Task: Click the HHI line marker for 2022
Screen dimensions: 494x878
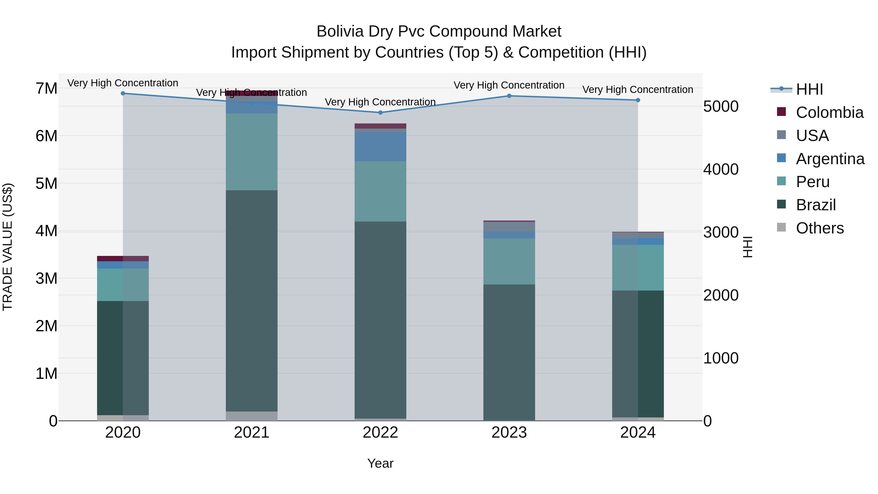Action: point(380,112)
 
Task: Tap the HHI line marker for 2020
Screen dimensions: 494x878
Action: point(123,93)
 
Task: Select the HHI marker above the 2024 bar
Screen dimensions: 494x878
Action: point(638,100)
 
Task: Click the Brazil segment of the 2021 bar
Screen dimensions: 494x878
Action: point(251,300)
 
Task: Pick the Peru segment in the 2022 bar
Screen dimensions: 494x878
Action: point(380,191)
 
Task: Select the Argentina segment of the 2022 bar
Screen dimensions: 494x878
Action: point(380,147)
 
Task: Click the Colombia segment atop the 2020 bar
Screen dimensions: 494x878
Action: point(123,258)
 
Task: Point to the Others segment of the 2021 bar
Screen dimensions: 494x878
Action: point(251,416)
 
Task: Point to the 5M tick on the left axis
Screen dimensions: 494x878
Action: point(46,183)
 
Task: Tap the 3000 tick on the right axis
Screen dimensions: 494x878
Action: point(720,232)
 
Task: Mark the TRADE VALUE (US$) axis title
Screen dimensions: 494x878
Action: point(8,247)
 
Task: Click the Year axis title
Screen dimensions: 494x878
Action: point(380,463)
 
